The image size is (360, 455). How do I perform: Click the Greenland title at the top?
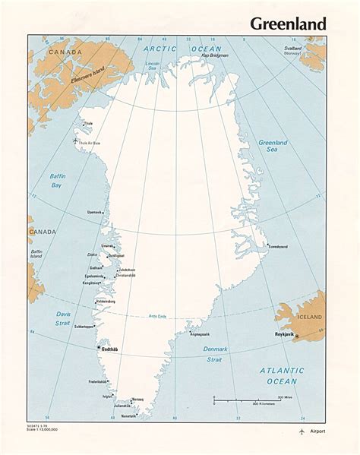coord(288,24)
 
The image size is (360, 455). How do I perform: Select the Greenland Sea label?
coord(273,147)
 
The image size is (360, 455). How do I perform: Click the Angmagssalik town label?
coord(202,333)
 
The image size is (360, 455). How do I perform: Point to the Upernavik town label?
coord(94,212)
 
